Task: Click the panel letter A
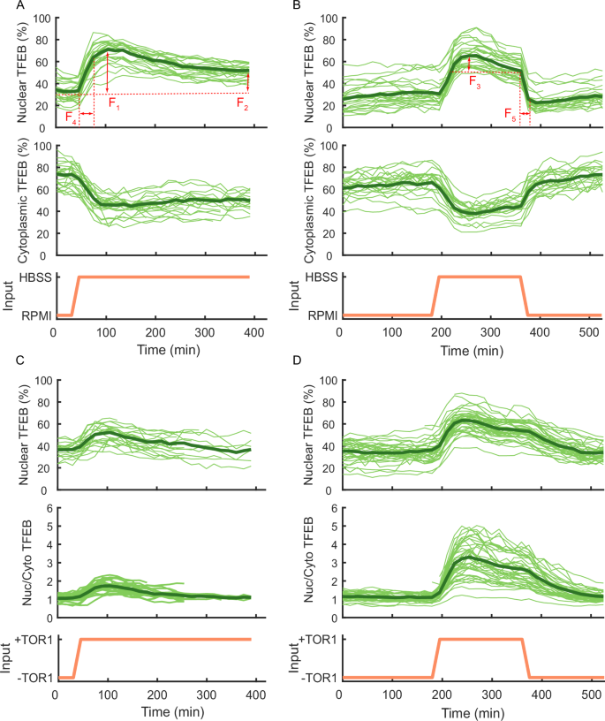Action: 7,7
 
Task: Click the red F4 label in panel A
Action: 72,121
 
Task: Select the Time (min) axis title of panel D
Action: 472,710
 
